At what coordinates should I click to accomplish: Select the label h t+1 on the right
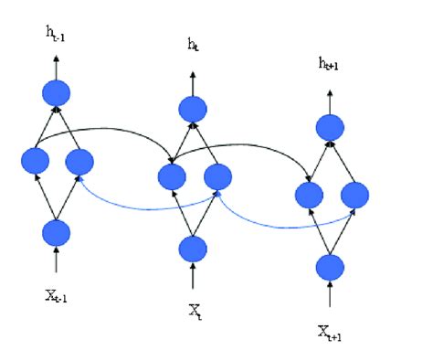click(x=330, y=63)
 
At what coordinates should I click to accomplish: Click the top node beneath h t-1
click(x=57, y=93)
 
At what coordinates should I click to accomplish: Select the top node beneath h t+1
click(x=330, y=127)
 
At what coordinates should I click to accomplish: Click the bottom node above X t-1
click(x=57, y=232)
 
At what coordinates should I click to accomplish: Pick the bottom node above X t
click(x=193, y=249)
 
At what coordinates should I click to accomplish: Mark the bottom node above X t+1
click(x=330, y=267)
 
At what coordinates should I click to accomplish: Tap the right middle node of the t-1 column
click(x=79, y=163)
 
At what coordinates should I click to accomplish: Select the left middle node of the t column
click(x=170, y=176)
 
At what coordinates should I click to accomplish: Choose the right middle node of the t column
click(x=216, y=176)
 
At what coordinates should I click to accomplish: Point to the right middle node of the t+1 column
click(x=354, y=195)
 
